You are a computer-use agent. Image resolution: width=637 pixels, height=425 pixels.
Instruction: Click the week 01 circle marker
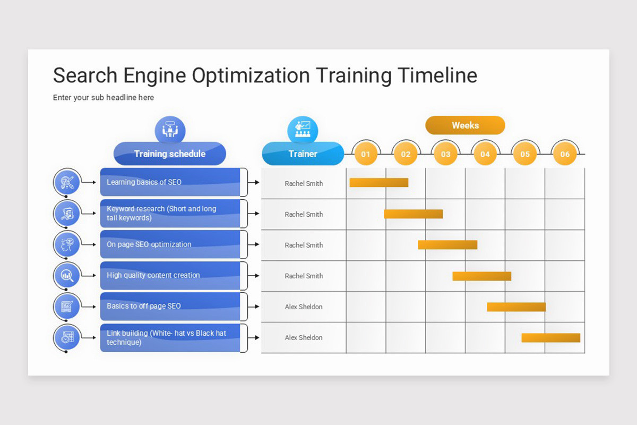(x=366, y=154)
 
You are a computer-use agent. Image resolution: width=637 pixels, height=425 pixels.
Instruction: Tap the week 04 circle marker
(x=485, y=154)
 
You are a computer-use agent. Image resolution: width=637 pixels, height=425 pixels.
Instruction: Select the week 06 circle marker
(x=564, y=154)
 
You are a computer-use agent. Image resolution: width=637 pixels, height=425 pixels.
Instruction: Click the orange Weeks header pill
(x=465, y=125)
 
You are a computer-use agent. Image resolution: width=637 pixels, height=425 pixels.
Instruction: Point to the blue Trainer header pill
(x=303, y=154)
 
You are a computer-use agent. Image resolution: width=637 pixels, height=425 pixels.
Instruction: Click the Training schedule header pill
(x=170, y=154)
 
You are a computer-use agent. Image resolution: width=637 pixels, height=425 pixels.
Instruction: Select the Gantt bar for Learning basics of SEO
(x=378, y=183)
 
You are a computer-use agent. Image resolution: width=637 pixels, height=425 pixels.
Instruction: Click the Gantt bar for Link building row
(x=550, y=338)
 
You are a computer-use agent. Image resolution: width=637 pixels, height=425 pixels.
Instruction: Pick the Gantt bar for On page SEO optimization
(x=447, y=245)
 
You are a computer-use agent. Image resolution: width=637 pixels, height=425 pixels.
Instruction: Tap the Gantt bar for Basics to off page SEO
(x=516, y=307)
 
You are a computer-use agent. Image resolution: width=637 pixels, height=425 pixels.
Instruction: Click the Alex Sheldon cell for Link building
(x=304, y=338)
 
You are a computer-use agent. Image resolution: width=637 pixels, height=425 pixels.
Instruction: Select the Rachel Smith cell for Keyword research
(x=304, y=215)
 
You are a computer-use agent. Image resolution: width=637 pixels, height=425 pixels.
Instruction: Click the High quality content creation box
(x=170, y=276)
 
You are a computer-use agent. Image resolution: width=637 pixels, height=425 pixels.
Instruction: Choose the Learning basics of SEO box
(x=170, y=182)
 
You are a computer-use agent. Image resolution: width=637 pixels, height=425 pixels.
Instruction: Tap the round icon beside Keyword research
(x=67, y=214)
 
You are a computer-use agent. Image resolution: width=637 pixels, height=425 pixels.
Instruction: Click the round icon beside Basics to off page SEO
(x=67, y=307)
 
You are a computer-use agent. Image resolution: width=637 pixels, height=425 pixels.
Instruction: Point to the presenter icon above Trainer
(x=303, y=130)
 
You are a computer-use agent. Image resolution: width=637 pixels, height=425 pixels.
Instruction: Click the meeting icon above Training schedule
(x=170, y=130)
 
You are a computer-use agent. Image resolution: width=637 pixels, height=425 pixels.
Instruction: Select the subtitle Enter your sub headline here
(x=104, y=98)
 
